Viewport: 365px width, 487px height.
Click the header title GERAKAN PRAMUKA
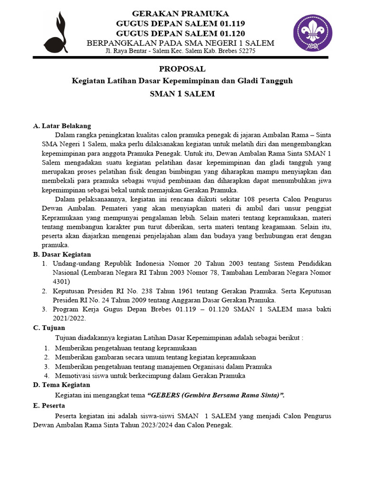tap(180, 13)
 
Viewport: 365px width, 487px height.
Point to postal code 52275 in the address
tap(246, 51)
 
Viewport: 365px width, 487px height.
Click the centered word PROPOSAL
tap(182, 69)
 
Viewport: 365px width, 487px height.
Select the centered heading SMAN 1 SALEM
tap(182, 94)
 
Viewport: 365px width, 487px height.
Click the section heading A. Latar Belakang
tap(62, 126)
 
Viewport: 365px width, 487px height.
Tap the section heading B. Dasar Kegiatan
tap(62, 254)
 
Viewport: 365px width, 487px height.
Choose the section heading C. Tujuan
tap(49, 328)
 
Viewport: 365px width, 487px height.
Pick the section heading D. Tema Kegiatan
tap(61, 385)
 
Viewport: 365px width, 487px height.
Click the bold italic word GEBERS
tap(164, 395)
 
